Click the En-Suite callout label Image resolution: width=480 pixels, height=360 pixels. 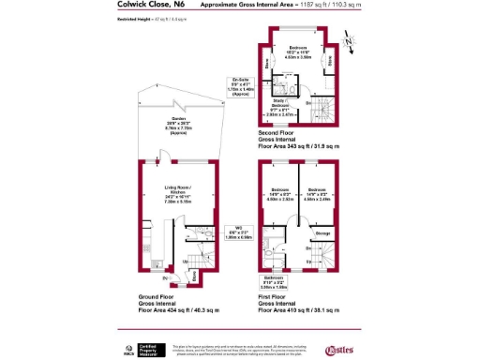point(240,86)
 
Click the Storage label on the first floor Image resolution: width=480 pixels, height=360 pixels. point(322,233)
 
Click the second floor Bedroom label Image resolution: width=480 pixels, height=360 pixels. point(297,52)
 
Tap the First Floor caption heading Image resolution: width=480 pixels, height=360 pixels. point(274,295)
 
